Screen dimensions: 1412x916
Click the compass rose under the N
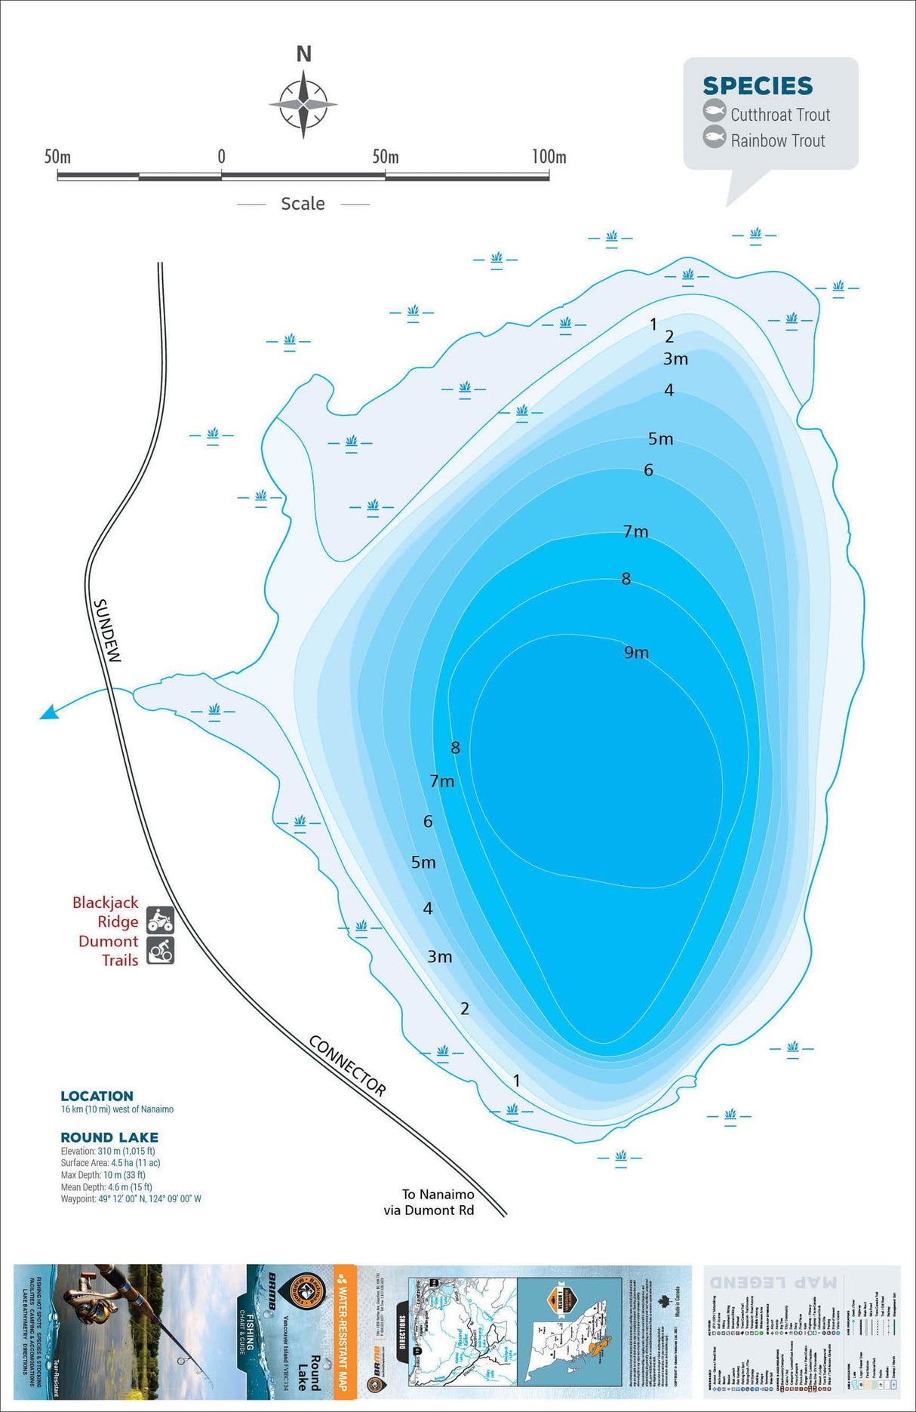tap(303, 104)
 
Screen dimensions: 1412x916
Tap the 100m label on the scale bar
tap(549, 157)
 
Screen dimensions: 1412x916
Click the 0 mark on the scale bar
tap(221, 157)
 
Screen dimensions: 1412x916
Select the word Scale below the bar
tap(303, 204)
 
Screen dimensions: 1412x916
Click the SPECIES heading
tap(758, 86)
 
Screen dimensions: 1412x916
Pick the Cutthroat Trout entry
tap(779, 115)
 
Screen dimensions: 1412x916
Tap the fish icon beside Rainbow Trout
tap(714, 137)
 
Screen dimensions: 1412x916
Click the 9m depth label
tap(636, 653)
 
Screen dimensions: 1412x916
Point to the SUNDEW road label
tap(106, 631)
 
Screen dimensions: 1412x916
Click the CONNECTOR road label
tap(347, 1066)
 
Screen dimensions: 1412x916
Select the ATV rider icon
tap(160, 920)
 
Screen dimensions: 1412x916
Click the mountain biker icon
tap(160, 950)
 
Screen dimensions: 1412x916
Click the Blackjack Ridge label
tap(106, 912)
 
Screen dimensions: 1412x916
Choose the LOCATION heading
tap(97, 1096)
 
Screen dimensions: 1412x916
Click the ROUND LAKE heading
tap(109, 1137)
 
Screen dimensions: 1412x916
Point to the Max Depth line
tap(103, 1175)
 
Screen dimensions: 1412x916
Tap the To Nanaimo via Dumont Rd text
tap(429, 1202)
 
